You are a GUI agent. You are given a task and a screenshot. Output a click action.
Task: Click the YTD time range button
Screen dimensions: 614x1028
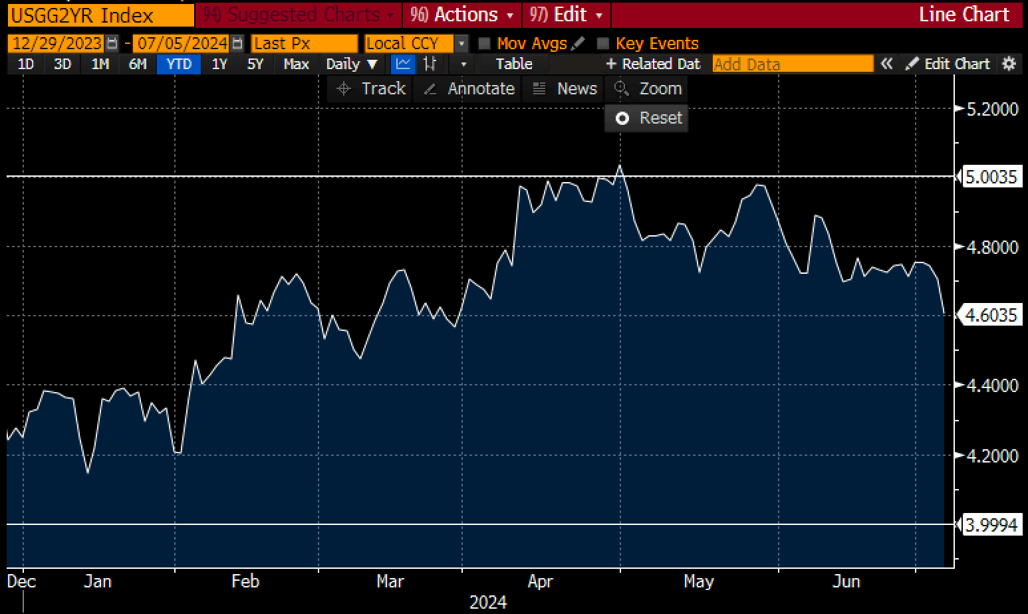(x=178, y=64)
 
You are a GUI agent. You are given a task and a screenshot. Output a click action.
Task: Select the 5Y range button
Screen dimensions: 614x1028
(x=255, y=64)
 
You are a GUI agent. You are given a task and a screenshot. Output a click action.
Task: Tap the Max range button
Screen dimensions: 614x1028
(x=296, y=64)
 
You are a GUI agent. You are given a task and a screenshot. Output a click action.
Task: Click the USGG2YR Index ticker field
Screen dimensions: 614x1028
(x=100, y=15)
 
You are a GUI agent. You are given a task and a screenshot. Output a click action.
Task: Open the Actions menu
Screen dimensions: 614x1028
(x=462, y=15)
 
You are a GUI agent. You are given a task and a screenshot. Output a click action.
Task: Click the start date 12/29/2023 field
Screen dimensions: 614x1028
(x=57, y=44)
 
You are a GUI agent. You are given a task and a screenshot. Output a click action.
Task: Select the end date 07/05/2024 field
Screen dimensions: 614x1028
(x=182, y=44)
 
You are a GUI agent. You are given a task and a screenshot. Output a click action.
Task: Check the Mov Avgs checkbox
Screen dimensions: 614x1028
(x=485, y=44)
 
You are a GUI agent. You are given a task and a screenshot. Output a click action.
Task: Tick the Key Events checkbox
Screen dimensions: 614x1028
(x=603, y=44)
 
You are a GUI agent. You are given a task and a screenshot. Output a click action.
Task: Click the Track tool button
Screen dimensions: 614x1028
(x=370, y=89)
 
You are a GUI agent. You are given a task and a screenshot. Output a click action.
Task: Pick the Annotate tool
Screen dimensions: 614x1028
(x=469, y=89)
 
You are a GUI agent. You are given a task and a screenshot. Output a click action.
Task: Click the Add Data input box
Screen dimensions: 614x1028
(x=792, y=64)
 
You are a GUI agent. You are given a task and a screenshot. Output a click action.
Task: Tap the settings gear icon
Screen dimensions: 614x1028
(x=1009, y=64)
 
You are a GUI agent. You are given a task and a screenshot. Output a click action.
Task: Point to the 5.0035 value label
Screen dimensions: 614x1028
(x=991, y=177)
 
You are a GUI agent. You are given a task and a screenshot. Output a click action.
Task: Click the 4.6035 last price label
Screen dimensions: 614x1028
(x=991, y=315)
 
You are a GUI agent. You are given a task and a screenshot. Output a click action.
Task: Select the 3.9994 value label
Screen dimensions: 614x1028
(x=991, y=525)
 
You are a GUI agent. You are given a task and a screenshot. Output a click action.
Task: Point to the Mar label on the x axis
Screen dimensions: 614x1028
(x=390, y=581)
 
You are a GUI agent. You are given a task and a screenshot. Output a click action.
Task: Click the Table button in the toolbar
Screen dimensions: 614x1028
(x=514, y=64)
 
